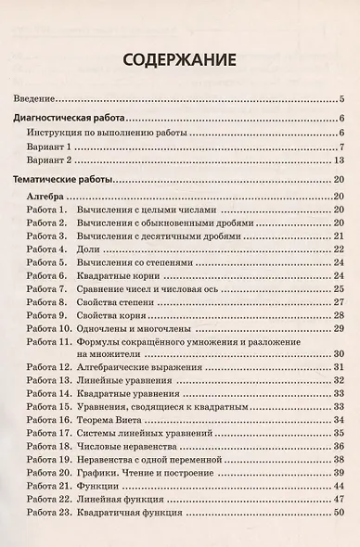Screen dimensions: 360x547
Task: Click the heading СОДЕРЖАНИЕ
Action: pos(179,61)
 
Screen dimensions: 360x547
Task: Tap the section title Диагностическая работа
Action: pos(70,119)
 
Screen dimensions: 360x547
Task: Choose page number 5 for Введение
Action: pos(342,98)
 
